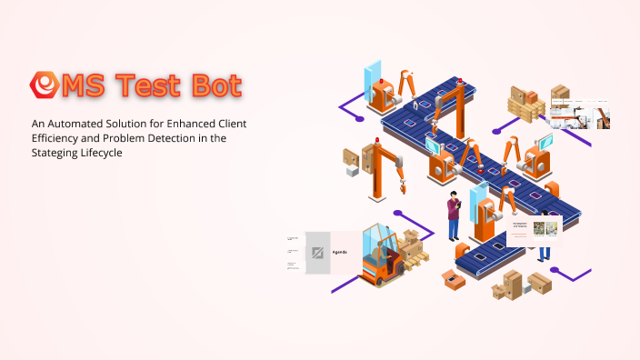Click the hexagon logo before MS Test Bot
[x=43, y=85]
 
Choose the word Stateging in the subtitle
[x=57, y=154]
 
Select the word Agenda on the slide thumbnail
[x=339, y=251]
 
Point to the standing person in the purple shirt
[x=454, y=218]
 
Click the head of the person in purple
[x=453, y=197]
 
